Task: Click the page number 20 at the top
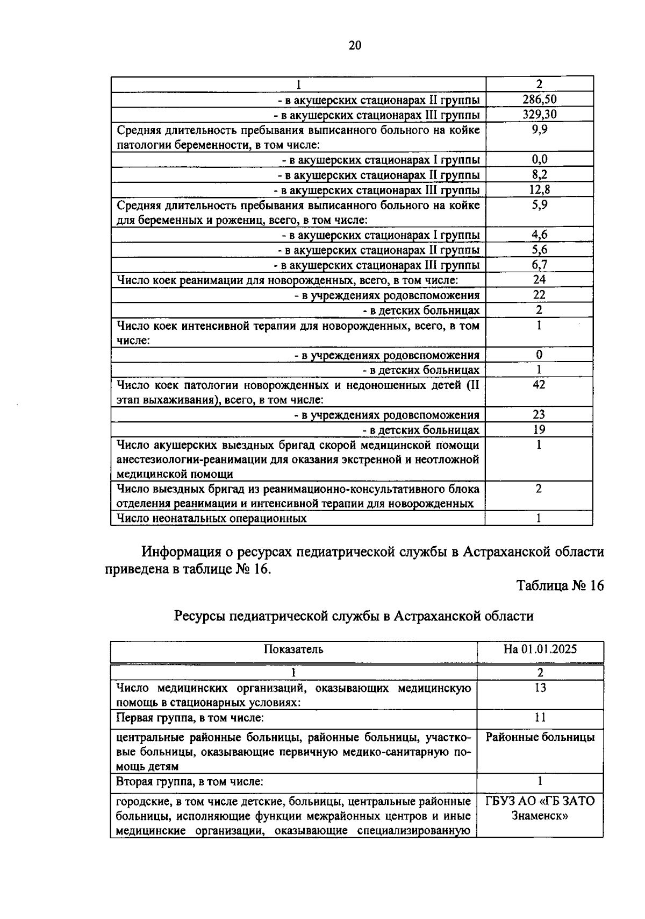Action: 355,45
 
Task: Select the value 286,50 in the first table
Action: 539,99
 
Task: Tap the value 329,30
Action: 539,114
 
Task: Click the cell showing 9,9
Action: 539,129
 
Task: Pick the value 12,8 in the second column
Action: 539,189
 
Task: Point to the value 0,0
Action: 539,159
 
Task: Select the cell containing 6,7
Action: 539,265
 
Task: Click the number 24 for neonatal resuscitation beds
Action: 539,279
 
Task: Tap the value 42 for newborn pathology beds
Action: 539,384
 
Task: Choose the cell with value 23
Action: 539,414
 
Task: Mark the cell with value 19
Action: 539,429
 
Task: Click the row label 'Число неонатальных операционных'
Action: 212,518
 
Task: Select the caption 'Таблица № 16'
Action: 560,585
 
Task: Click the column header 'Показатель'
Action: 293,649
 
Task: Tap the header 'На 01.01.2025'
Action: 540,649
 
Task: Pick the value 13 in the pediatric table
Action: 540,688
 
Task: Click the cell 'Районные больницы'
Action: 540,737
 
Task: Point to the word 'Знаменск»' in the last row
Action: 540,815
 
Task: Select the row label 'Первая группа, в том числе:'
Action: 190,717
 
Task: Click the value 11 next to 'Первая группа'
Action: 540,717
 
